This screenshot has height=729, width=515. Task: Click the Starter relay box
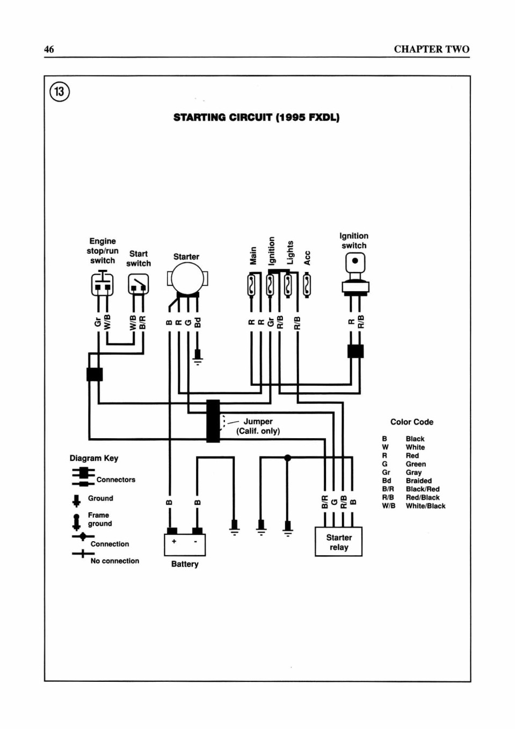pyautogui.click(x=338, y=542)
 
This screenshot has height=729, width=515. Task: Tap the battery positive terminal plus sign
pyautogui.click(x=174, y=541)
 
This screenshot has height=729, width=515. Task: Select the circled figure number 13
pyautogui.click(x=60, y=92)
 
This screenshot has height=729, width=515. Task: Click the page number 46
pyautogui.click(x=49, y=49)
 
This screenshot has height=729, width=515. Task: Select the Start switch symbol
pyautogui.click(x=139, y=284)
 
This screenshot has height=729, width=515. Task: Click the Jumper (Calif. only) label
pyautogui.click(x=258, y=426)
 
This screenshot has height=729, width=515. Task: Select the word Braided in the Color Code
pyautogui.click(x=418, y=481)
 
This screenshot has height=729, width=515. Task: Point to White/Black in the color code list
pyautogui.click(x=425, y=506)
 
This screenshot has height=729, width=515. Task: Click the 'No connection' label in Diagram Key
pyautogui.click(x=115, y=561)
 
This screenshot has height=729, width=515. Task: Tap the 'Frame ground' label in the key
pyautogui.click(x=100, y=519)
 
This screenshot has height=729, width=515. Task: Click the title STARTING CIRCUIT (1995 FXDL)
pyautogui.click(x=256, y=117)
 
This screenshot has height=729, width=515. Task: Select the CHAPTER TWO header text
pyautogui.click(x=432, y=49)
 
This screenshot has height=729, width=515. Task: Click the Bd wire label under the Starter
pyautogui.click(x=198, y=322)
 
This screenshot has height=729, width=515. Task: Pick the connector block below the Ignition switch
pyautogui.click(x=356, y=351)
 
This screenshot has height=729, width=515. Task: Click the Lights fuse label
pyautogui.click(x=290, y=253)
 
